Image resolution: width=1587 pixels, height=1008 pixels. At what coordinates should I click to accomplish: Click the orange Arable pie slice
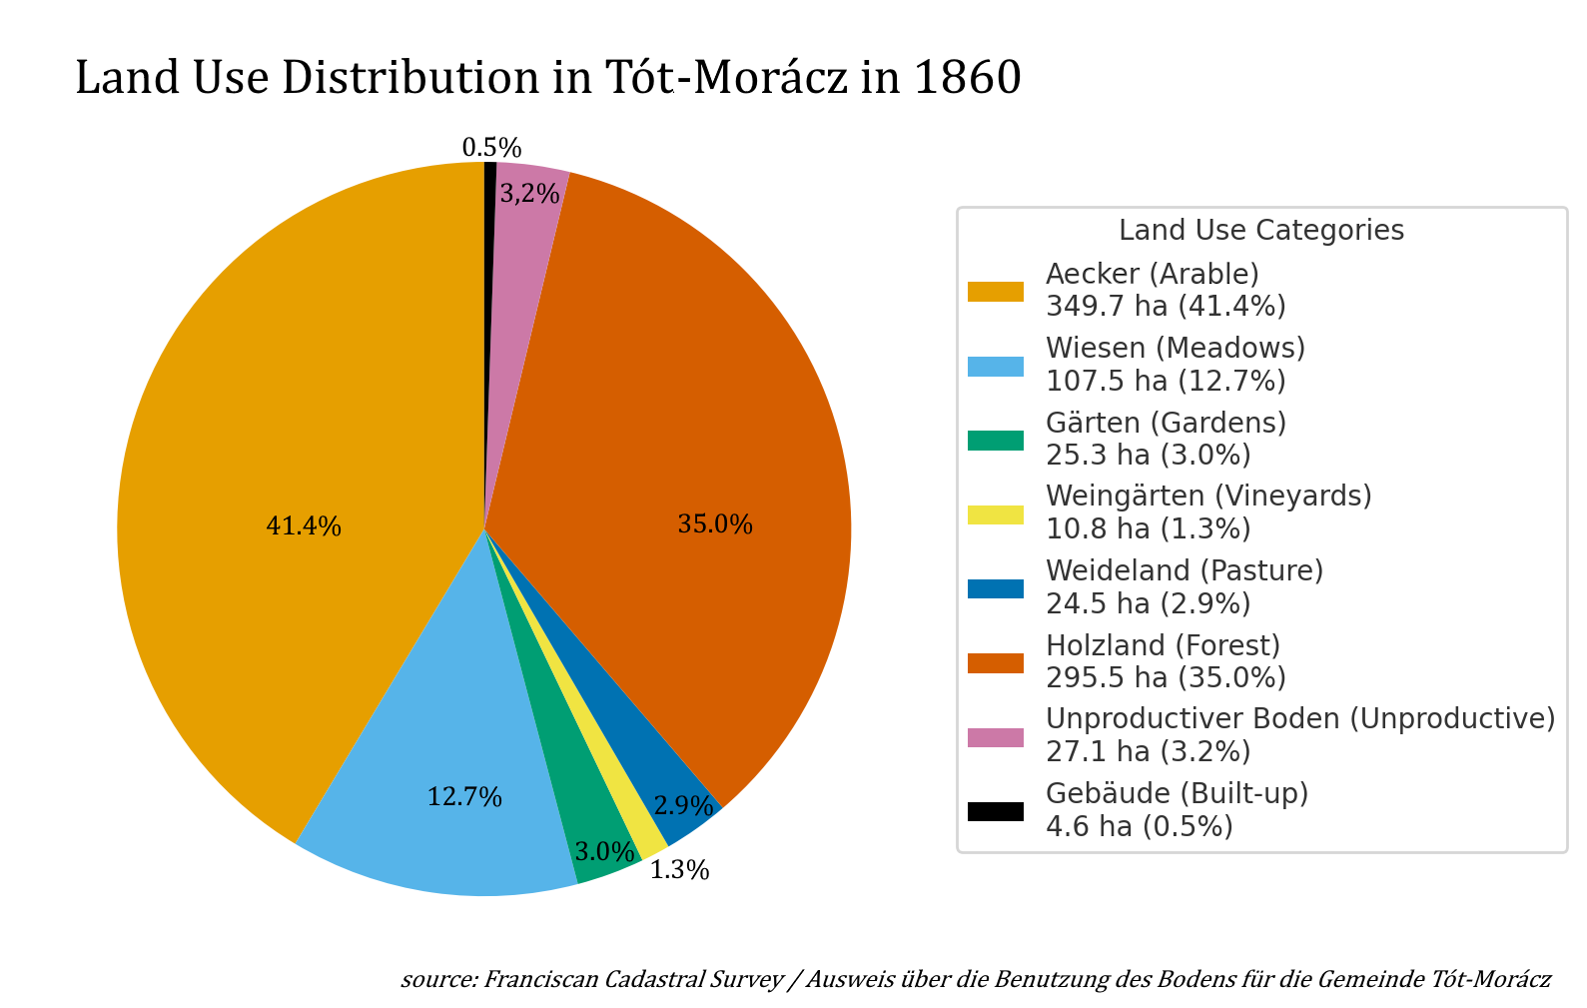(300, 450)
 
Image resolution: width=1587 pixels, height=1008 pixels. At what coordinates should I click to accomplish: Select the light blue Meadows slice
(439, 759)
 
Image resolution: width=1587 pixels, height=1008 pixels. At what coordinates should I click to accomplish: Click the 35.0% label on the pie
(715, 524)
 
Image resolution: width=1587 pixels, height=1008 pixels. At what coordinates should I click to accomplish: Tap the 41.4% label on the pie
(304, 526)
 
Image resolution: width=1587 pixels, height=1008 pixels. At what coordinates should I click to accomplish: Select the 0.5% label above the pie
(491, 148)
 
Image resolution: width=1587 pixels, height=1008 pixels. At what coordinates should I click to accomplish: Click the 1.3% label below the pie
(679, 870)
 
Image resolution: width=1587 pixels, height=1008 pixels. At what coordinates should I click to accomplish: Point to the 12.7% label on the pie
(464, 797)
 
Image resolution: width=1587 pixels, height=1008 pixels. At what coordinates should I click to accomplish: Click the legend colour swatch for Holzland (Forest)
(995, 662)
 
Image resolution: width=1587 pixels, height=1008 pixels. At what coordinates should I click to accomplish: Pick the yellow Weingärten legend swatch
(995, 513)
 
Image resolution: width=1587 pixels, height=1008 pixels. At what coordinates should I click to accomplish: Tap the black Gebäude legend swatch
(995, 811)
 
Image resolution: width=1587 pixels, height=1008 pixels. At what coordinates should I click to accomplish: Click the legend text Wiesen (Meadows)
(1175, 348)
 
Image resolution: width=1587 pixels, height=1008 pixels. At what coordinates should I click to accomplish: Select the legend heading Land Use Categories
(1260, 230)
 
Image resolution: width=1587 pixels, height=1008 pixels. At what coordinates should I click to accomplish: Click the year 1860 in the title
(967, 78)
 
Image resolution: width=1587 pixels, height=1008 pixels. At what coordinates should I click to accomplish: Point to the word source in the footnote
(437, 979)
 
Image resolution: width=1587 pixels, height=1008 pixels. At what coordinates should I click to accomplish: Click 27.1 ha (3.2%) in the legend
(1148, 751)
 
